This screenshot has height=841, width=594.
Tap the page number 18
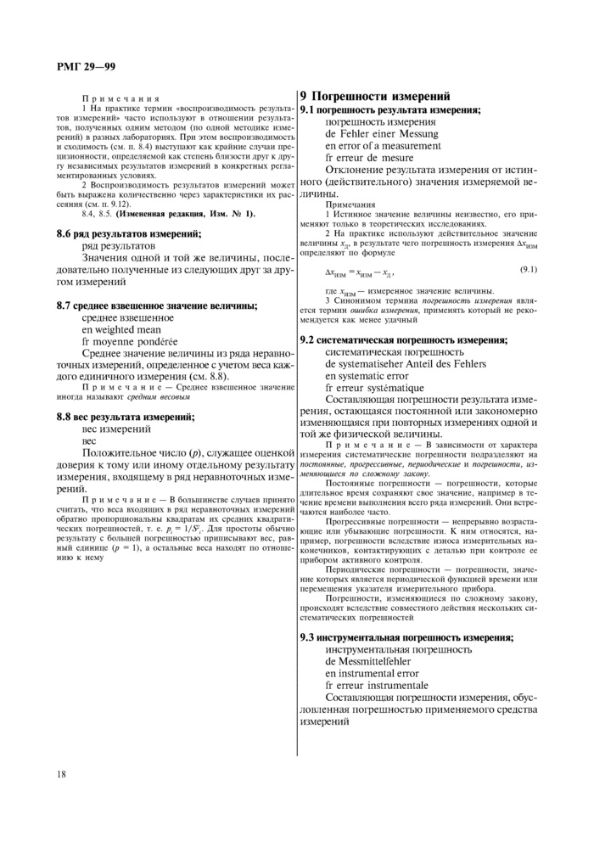62,774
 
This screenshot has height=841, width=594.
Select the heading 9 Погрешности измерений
376,96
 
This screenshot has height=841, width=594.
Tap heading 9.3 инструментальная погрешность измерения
407,636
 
